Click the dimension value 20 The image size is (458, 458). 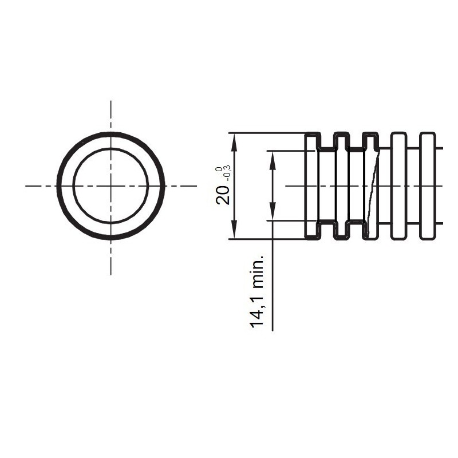point(223,195)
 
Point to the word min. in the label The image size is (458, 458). point(257,272)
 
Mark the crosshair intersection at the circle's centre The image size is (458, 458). point(110,185)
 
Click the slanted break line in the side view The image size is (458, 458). point(373,189)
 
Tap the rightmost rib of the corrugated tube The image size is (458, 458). point(428,186)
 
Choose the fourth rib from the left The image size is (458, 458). point(398,186)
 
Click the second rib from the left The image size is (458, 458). point(342,186)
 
